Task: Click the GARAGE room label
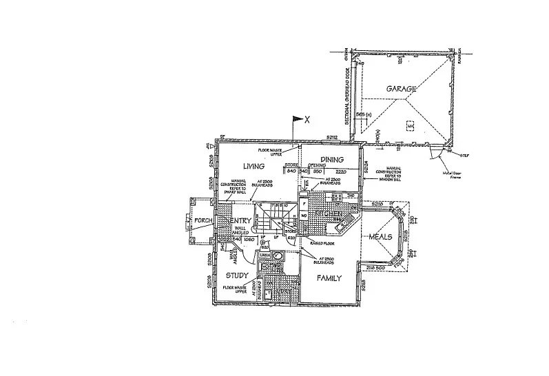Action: (401, 89)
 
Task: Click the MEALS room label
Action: (380, 237)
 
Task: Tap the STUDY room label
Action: (236, 275)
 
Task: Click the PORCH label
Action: (203, 221)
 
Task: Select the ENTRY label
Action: (236, 220)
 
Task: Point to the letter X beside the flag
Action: (307, 119)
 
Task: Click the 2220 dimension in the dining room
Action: (341, 171)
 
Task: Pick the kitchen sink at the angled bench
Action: (340, 225)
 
